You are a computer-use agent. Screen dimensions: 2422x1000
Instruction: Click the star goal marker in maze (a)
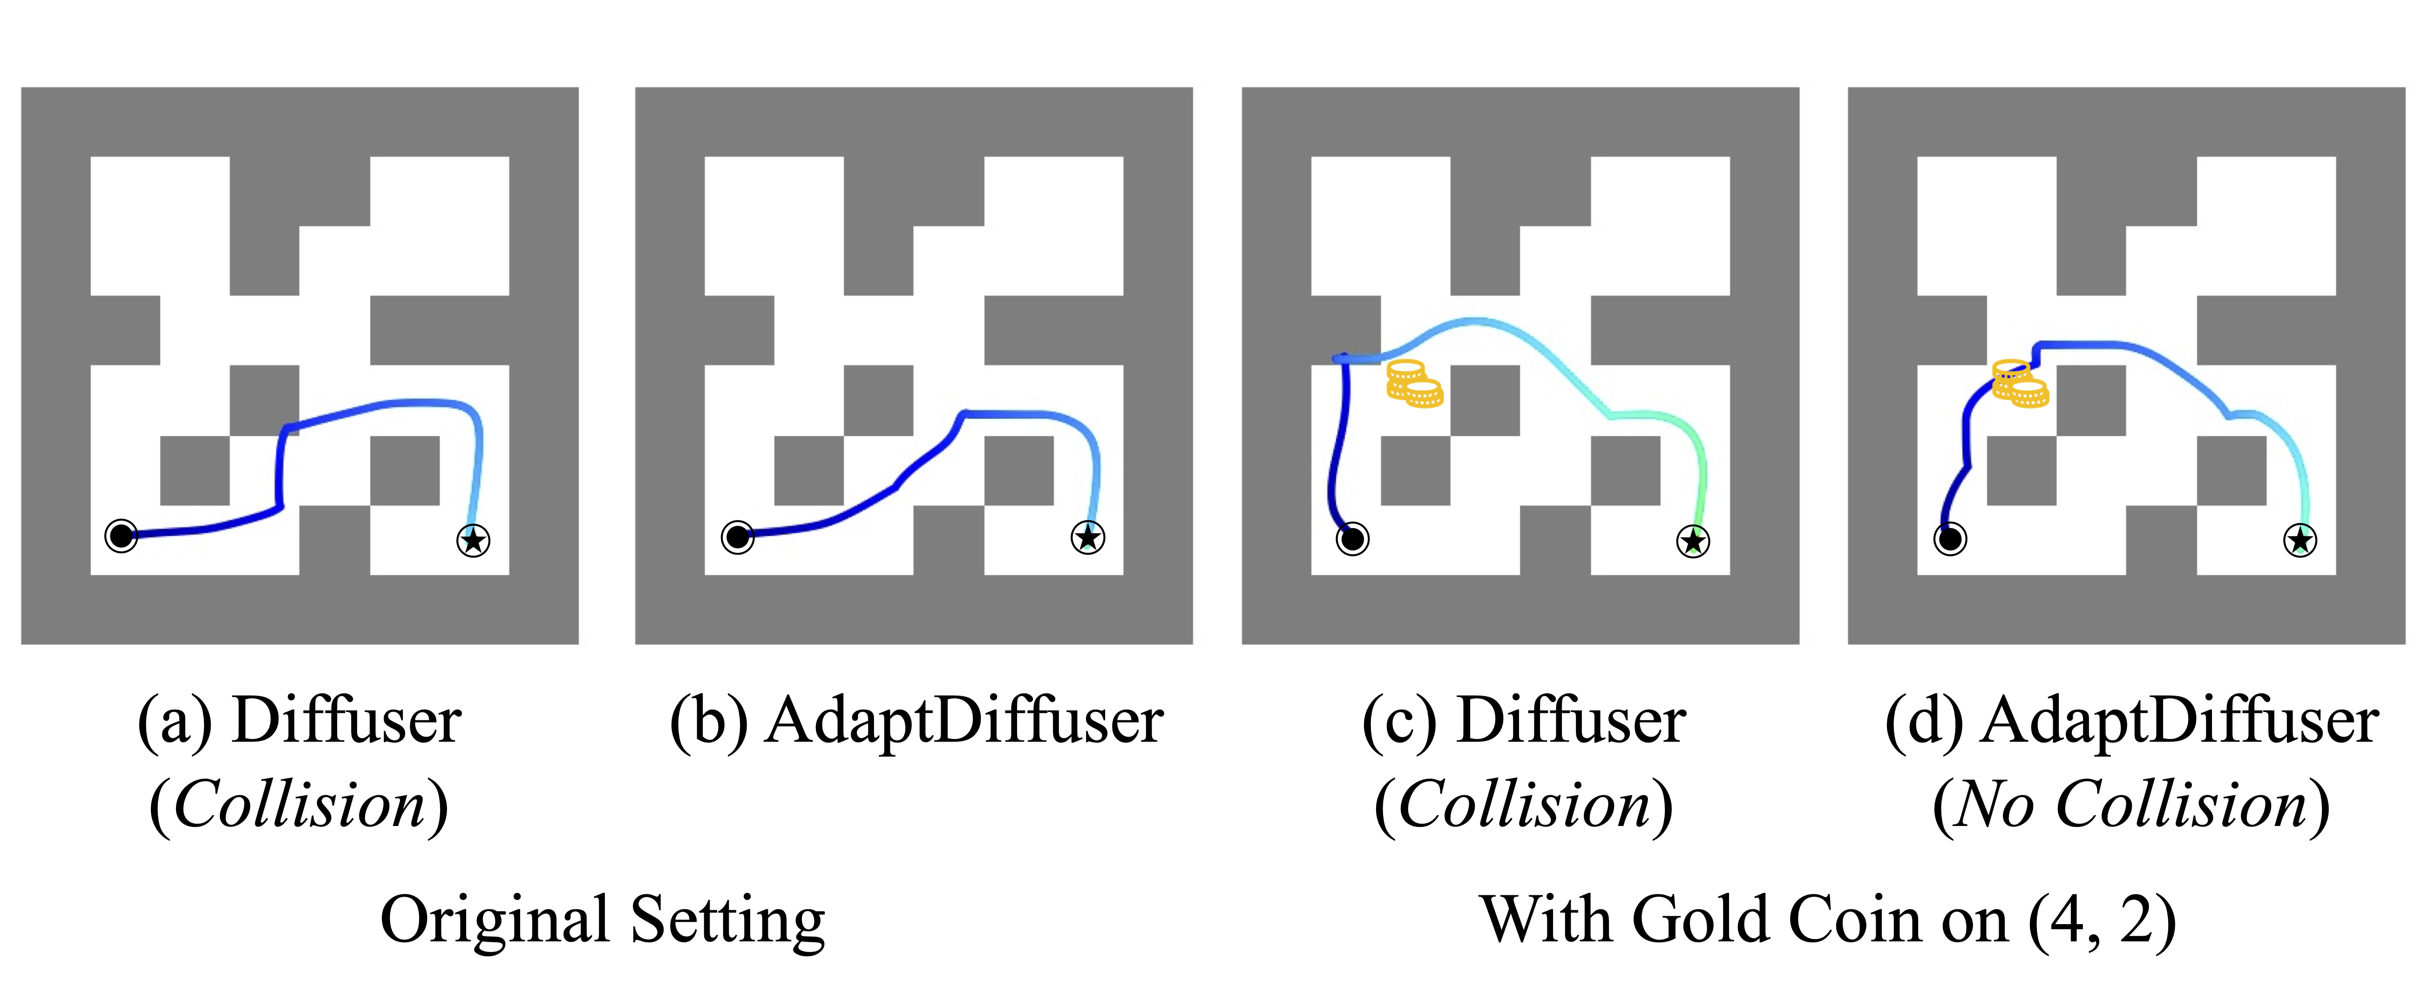click(473, 540)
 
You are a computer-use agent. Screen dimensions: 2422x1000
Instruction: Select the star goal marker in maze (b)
click(1088, 537)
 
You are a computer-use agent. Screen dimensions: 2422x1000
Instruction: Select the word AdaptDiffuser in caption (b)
click(965, 722)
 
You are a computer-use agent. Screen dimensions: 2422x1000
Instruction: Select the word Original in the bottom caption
click(495, 921)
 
